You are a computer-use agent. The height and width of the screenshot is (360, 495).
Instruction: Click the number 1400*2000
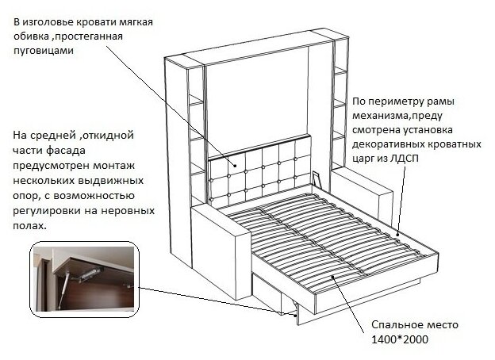coord(401,340)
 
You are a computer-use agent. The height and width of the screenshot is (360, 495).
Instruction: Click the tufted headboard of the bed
coord(258,170)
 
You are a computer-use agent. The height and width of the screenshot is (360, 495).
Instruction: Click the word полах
coord(29,225)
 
